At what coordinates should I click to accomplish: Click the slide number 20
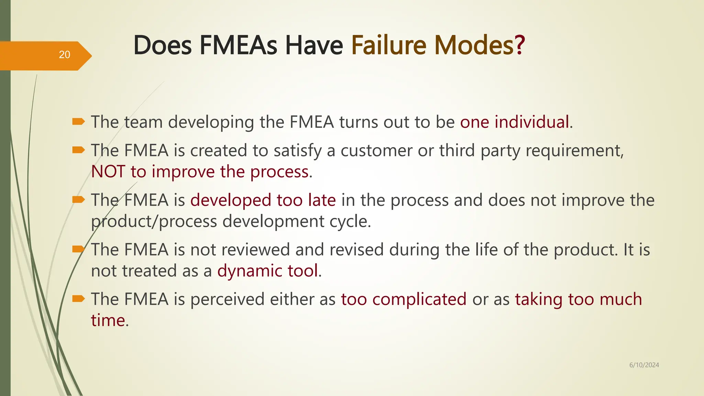coord(64,55)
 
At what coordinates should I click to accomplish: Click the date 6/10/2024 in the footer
coord(644,365)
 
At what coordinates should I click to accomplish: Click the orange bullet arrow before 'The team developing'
coord(78,121)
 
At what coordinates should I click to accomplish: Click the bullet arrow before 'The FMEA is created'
coord(78,150)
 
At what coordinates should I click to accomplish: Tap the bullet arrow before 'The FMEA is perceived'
coord(78,298)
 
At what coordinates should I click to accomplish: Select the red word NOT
coord(108,172)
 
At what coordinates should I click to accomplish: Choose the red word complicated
coord(419,299)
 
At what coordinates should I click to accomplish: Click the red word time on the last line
coord(108,320)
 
